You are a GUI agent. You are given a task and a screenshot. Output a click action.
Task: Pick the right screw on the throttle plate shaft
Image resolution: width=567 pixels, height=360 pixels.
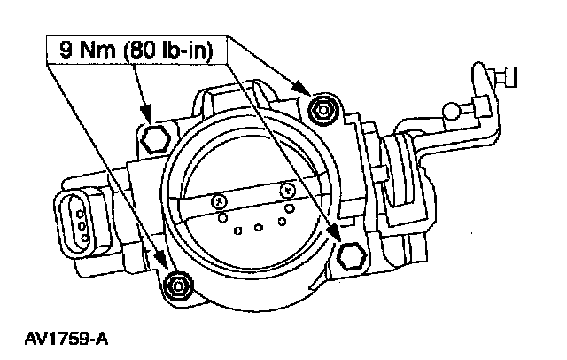click(286, 189)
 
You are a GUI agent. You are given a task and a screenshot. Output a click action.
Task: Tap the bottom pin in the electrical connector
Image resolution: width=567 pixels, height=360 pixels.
click(82, 237)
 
